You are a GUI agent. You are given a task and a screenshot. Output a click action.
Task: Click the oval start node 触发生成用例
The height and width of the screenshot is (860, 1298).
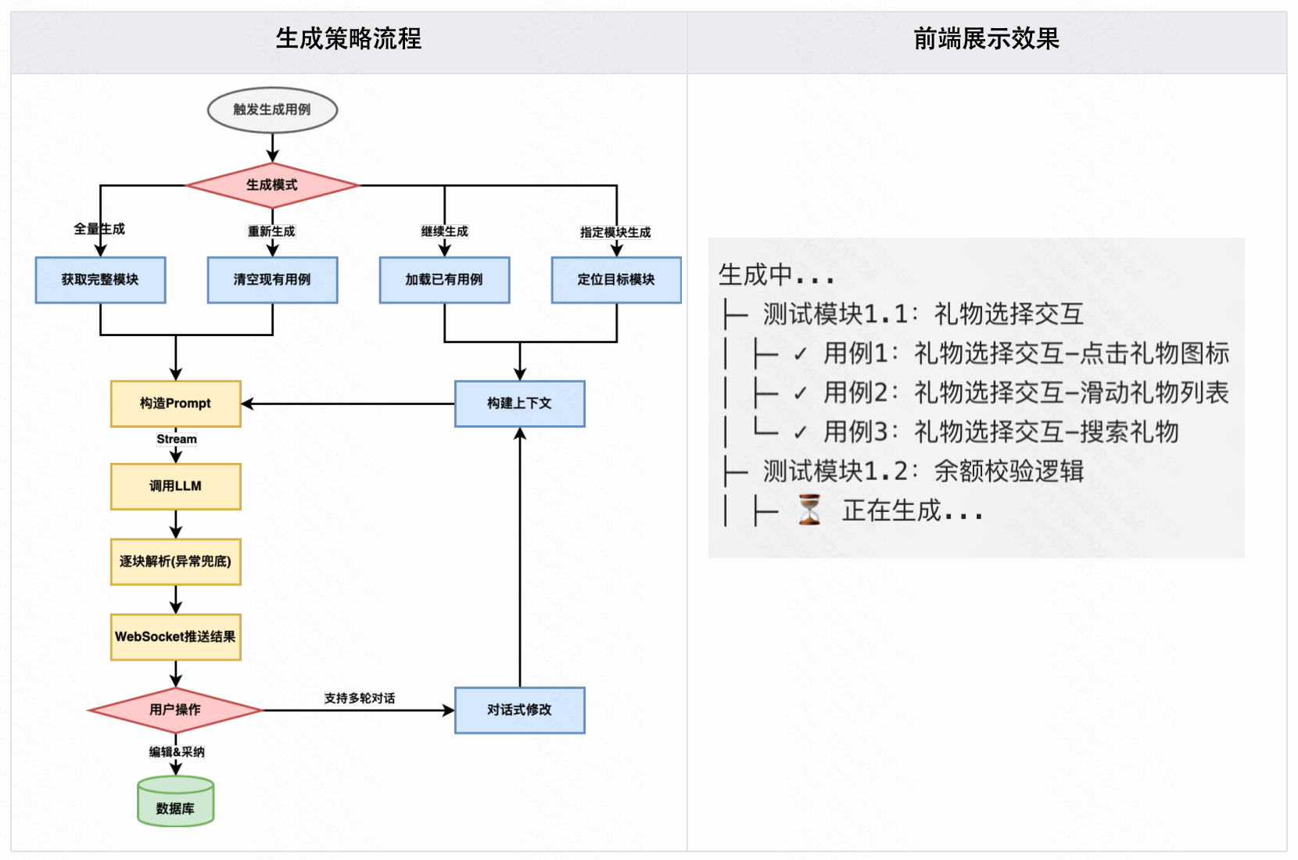tap(272, 109)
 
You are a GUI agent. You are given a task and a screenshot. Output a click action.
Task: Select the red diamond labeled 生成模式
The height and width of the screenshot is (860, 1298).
tap(272, 185)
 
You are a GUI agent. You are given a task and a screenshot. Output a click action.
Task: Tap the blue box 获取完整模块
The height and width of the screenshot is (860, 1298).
tap(100, 280)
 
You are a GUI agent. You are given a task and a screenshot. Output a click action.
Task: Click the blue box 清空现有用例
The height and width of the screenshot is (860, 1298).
tap(272, 280)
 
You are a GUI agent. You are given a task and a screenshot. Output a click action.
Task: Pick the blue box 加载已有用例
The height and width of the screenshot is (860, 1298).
tap(444, 280)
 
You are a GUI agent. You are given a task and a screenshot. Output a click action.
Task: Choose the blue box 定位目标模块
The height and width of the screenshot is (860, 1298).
tap(616, 280)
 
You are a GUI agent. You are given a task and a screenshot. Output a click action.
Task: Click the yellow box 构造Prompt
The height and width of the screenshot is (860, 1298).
tap(176, 403)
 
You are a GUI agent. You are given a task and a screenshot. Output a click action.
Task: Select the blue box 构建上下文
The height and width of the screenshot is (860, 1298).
tap(520, 403)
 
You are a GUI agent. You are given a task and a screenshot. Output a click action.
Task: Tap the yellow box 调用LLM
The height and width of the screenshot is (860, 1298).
tap(176, 486)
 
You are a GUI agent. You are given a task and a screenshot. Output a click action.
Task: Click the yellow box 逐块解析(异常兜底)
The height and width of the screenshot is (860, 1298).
tap(176, 561)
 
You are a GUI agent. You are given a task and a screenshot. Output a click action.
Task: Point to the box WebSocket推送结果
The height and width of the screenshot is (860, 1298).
tap(176, 637)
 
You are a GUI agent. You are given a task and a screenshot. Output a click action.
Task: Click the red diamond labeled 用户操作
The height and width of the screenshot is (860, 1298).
tap(176, 710)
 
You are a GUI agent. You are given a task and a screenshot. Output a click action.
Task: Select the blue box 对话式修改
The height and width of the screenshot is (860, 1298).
tap(520, 710)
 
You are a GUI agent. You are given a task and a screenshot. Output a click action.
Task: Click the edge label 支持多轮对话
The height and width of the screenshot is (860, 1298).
tap(360, 698)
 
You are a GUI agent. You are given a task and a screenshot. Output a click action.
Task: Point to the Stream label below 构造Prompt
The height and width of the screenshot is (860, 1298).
tap(177, 439)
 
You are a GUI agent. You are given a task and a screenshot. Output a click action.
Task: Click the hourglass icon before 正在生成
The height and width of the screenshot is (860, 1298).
tap(809, 510)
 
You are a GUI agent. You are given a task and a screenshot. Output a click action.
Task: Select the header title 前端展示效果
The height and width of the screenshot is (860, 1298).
tap(987, 39)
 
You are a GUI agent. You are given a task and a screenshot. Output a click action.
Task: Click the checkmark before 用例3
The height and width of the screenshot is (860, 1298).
tap(800, 432)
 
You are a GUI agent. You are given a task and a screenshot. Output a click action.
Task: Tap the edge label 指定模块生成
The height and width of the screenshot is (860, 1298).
tap(615, 232)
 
